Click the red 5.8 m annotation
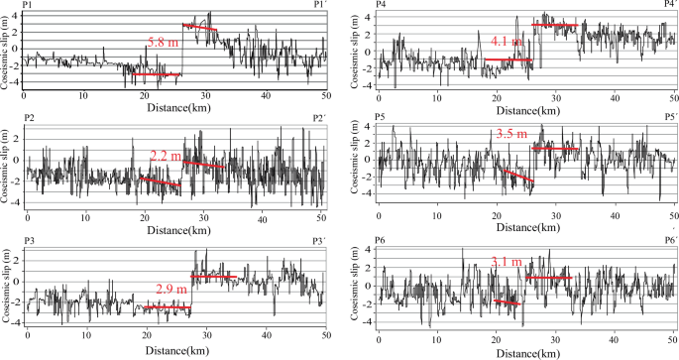[x=163, y=43]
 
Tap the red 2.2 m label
[x=165, y=156]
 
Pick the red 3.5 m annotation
[x=510, y=133]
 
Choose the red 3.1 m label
[x=508, y=262]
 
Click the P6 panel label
[x=381, y=241]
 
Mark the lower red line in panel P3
[x=167, y=308]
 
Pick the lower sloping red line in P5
[x=516, y=176]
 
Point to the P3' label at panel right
[x=319, y=241]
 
